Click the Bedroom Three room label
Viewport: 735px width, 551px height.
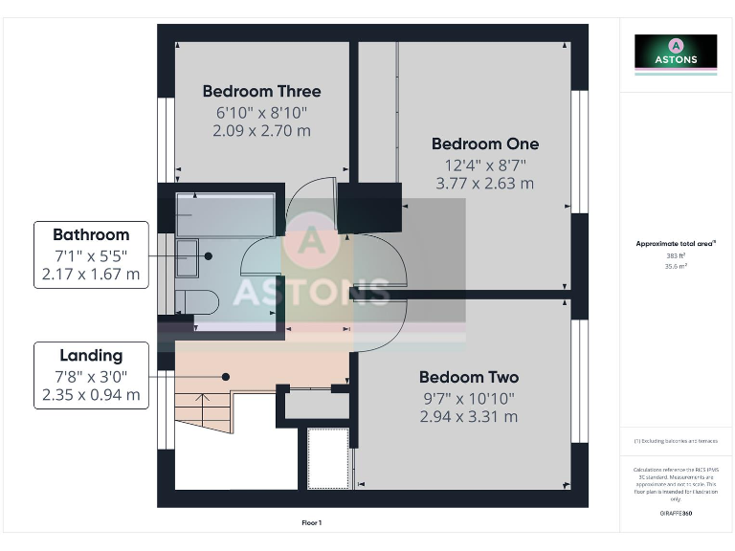point(261,92)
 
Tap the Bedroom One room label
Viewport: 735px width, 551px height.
point(484,144)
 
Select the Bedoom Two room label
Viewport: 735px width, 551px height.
point(468,377)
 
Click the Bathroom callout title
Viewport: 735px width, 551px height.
point(91,234)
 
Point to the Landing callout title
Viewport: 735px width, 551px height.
point(91,355)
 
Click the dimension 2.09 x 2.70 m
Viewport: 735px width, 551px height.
point(261,131)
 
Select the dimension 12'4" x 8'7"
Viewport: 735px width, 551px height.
point(484,165)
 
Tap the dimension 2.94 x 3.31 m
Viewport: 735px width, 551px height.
point(468,417)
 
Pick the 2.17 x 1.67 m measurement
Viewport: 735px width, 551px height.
point(91,275)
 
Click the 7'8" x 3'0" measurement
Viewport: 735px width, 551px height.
point(91,375)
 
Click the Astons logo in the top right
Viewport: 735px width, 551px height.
point(675,52)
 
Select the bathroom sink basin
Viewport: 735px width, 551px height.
point(191,255)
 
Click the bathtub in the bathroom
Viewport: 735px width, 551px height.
point(224,215)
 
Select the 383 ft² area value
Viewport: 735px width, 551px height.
point(676,255)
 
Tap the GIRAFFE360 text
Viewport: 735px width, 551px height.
point(676,514)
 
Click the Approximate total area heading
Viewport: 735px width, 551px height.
point(676,244)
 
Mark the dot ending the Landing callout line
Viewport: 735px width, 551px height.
point(226,376)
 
